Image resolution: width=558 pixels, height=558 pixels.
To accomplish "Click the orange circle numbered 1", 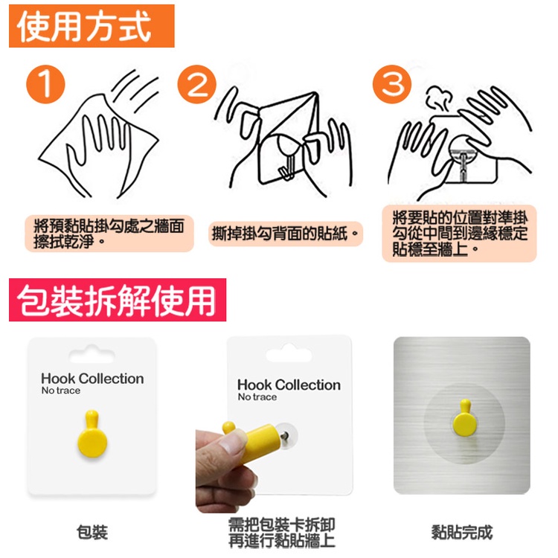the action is tap(45, 84).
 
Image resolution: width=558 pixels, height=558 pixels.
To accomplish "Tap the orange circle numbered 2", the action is tap(197, 84).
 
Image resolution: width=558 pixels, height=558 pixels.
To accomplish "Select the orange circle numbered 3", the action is tap(392, 84).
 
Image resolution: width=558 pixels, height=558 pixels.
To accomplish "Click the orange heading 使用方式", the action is tap(92, 26).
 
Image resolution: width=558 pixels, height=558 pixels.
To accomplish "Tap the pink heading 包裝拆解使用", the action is tap(118, 300).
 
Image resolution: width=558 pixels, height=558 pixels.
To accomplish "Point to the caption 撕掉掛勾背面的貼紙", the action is tap(286, 234).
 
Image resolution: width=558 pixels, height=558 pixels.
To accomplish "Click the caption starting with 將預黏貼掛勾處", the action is tap(109, 234).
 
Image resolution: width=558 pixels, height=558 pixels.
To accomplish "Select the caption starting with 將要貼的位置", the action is tap(460, 233).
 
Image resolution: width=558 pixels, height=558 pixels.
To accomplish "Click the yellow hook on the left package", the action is tap(92, 434).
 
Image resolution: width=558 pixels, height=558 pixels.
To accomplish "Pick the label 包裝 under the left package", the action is tap(92, 532).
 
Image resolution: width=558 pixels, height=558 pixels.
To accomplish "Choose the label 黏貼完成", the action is tap(462, 533).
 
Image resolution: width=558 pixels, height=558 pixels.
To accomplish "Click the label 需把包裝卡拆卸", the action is tap(281, 525).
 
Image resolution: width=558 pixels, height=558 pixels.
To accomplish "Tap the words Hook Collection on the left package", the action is tap(92, 378).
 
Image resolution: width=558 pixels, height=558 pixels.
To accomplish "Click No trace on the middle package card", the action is tap(257, 397).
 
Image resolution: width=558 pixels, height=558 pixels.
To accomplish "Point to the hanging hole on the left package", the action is tap(92, 354).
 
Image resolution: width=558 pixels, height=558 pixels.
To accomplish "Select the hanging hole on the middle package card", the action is tap(289, 353).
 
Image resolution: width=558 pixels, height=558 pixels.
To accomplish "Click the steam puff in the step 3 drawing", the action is tap(439, 97).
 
